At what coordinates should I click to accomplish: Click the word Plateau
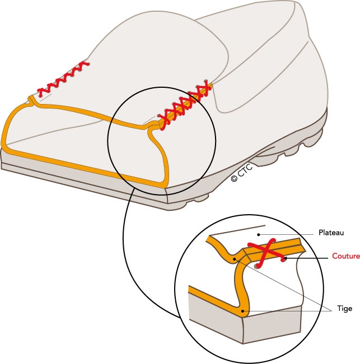click(x=331, y=232)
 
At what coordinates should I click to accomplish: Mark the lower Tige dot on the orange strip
click(x=242, y=310)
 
